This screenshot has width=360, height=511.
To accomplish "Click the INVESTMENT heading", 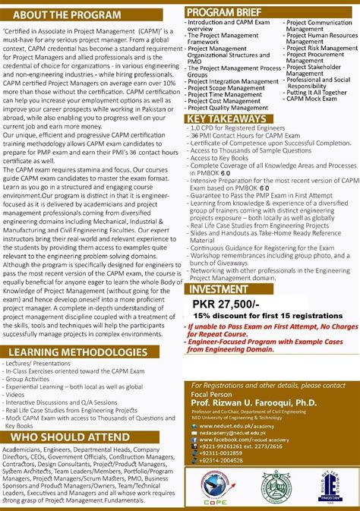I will click(217, 289).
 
